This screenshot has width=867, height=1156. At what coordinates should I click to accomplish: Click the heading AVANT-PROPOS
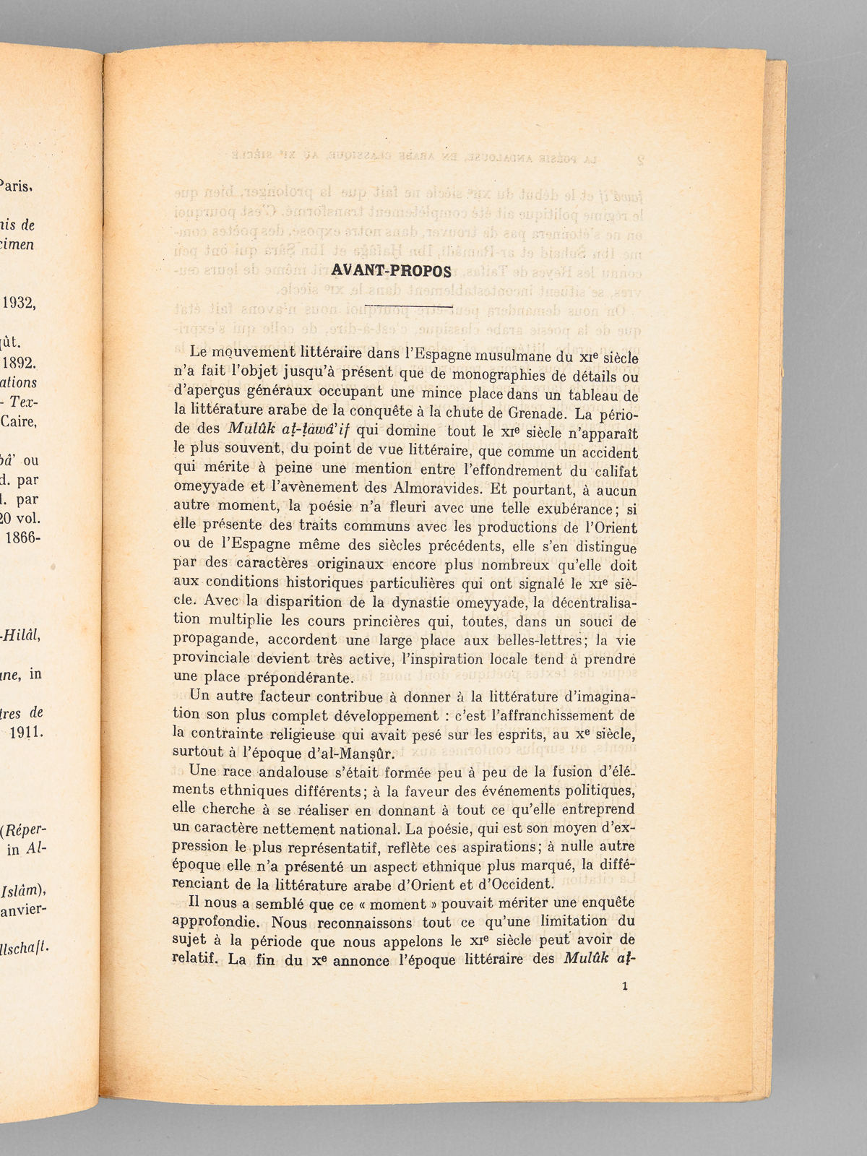pyautogui.click(x=390, y=272)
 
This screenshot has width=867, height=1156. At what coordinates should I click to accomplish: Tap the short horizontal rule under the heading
pyautogui.click(x=410, y=308)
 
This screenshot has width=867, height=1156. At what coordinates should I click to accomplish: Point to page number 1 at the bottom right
pyautogui.click(x=624, y=985)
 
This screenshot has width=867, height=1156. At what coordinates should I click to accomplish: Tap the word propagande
pyautogui.click(x=215, y=639)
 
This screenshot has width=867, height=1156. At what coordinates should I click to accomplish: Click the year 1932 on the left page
pyautogui.click(x=20, y=303)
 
